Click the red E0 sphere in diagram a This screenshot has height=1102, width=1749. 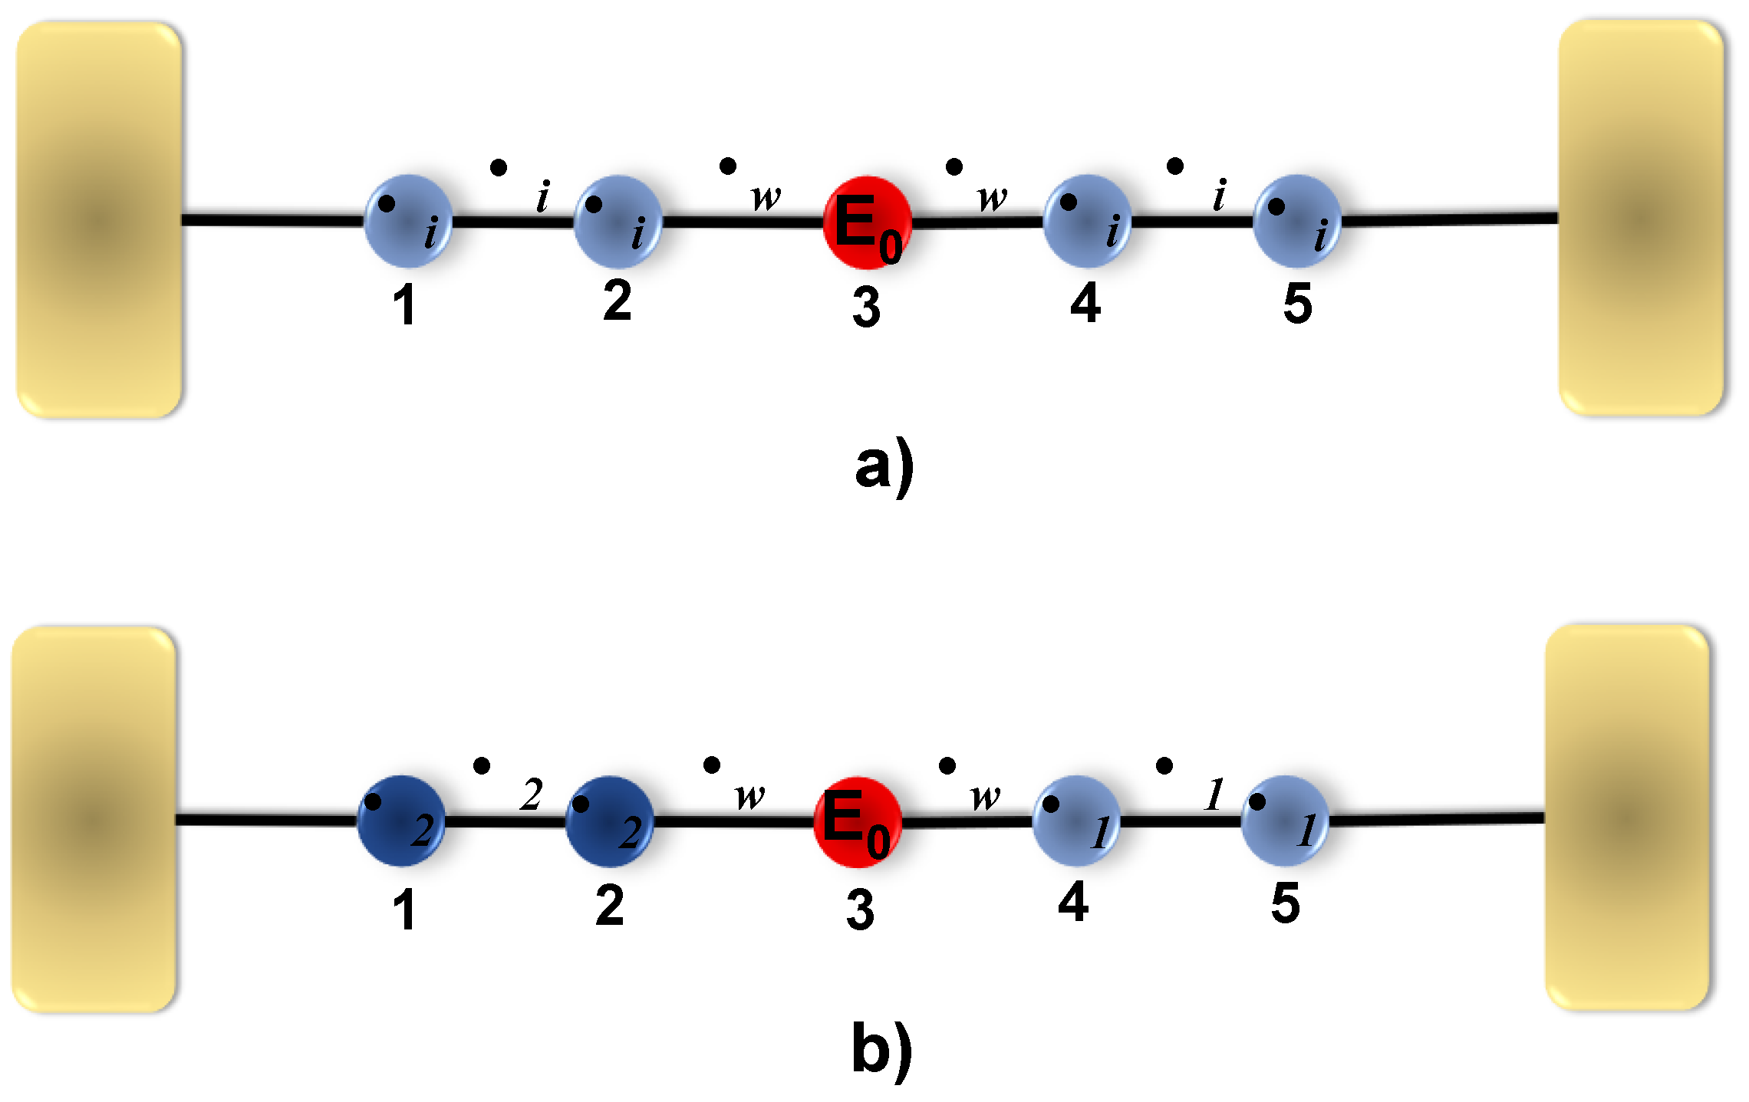pos(867,222)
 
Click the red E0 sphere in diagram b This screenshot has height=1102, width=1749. pos(857,821)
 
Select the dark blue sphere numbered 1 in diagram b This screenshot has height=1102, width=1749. pos(401,821)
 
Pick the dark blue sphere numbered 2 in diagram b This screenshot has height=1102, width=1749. pos(609,821)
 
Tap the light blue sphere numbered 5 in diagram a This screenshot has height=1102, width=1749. pos(1296,221)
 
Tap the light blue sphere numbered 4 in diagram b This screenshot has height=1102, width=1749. pos(1076,821)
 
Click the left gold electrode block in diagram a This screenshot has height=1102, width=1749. pos(99,220)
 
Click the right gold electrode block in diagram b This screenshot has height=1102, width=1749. pos(1627,817)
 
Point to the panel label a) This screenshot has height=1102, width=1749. pos(884,466)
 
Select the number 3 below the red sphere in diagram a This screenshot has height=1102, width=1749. pos(866,308)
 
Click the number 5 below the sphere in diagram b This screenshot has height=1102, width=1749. pos(1285,903)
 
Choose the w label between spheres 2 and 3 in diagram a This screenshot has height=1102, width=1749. pos(766,198)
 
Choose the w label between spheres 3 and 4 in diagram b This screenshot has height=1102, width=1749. pos(985,798)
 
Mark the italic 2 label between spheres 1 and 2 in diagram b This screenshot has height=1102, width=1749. pos(531,794)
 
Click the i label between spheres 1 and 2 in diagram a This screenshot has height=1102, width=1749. pos(543,196)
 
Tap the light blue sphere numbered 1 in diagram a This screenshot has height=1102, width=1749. pos(408,221)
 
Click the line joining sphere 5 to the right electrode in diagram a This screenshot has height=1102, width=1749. pos(1450,219)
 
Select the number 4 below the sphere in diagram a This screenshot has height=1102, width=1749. pos(1085,303)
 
